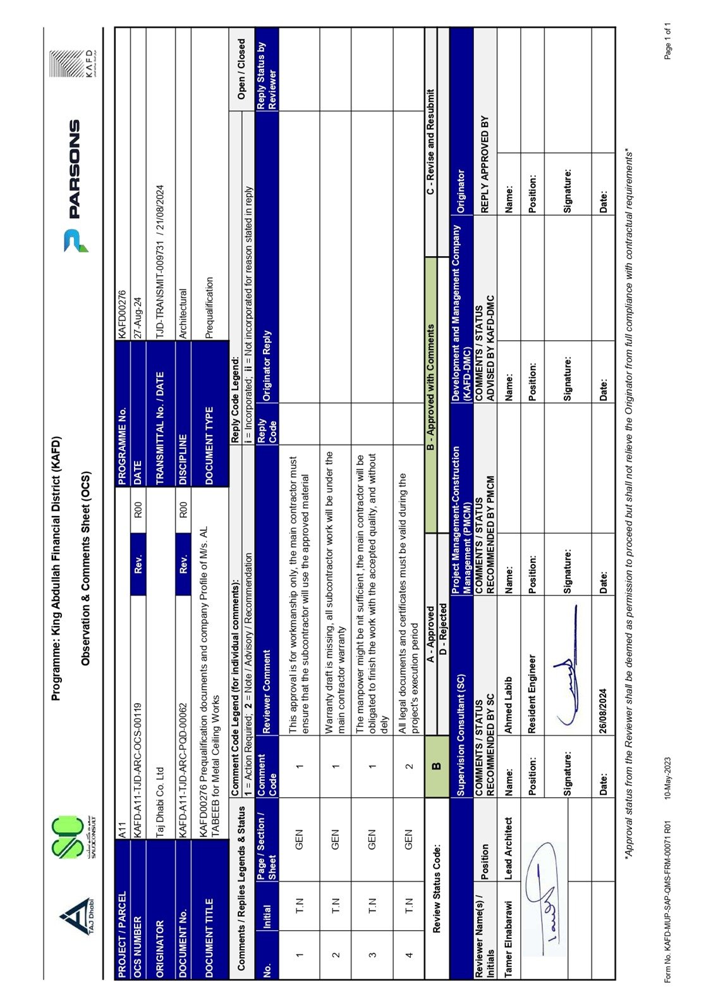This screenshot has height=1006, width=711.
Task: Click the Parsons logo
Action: point(73,187)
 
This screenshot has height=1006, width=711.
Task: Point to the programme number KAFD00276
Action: point(123,312)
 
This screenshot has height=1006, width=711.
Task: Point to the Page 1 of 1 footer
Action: point(667,41)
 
